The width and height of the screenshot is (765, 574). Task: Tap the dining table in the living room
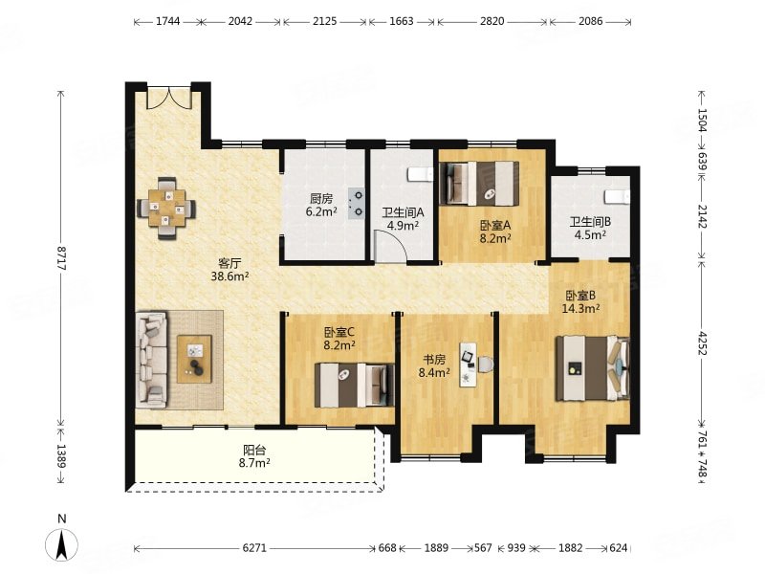[x=166, y=208]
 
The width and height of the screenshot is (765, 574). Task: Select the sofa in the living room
[x=152, y=361]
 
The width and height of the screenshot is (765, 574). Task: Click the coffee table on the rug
[x=194, y=360]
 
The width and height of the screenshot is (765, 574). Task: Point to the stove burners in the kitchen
[x=356, y=204]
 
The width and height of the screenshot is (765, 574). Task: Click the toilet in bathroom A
[x=420, y=174]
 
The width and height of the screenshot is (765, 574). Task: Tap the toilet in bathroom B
[x=618, y=196]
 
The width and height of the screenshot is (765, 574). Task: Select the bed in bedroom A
[x=479, y=184]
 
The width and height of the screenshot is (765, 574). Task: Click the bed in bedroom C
[x=354, y=386]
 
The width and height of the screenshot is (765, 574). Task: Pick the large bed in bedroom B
[x=593, y=367]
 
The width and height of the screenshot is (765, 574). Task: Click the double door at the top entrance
[x=169, y=99]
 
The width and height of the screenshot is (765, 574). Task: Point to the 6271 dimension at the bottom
[x=254, y=548]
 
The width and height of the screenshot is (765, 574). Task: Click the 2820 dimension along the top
[x=492, y=21]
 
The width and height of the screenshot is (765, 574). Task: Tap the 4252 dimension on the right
[x=702, y=343]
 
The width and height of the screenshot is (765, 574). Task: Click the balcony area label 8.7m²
[x=254, y=462]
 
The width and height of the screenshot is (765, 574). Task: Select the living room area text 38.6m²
[x=229, y=276]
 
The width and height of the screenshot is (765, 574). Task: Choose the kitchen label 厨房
[x=321, y=199]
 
